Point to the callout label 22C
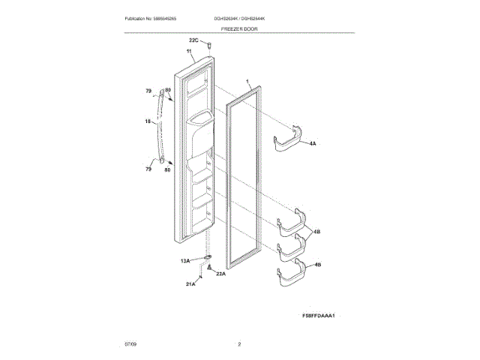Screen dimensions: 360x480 193,40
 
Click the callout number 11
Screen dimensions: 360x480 189,52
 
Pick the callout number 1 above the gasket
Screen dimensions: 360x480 247,79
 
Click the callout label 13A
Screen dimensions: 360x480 184,260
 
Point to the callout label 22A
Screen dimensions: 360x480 220,274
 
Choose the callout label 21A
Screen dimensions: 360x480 190,284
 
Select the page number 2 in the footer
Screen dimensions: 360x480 239,344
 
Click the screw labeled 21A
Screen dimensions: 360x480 202,275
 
